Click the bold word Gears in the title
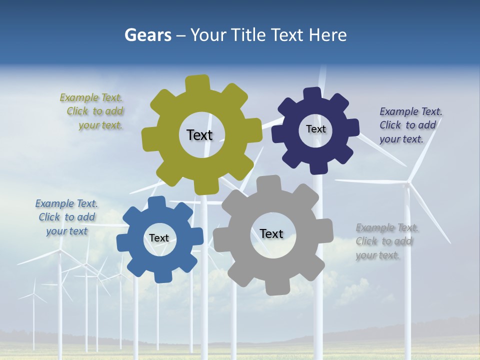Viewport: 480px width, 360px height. (147, 35)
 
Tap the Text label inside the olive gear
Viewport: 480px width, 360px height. (199, 135)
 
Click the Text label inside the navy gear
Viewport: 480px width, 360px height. (315, 129)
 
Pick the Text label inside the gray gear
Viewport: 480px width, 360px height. (271, 233)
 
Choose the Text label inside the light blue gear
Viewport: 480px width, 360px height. (158, 238)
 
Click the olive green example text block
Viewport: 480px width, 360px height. (91, 111)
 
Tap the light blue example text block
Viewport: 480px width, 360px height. (66, 217)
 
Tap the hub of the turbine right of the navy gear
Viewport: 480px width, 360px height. (408, 184)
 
